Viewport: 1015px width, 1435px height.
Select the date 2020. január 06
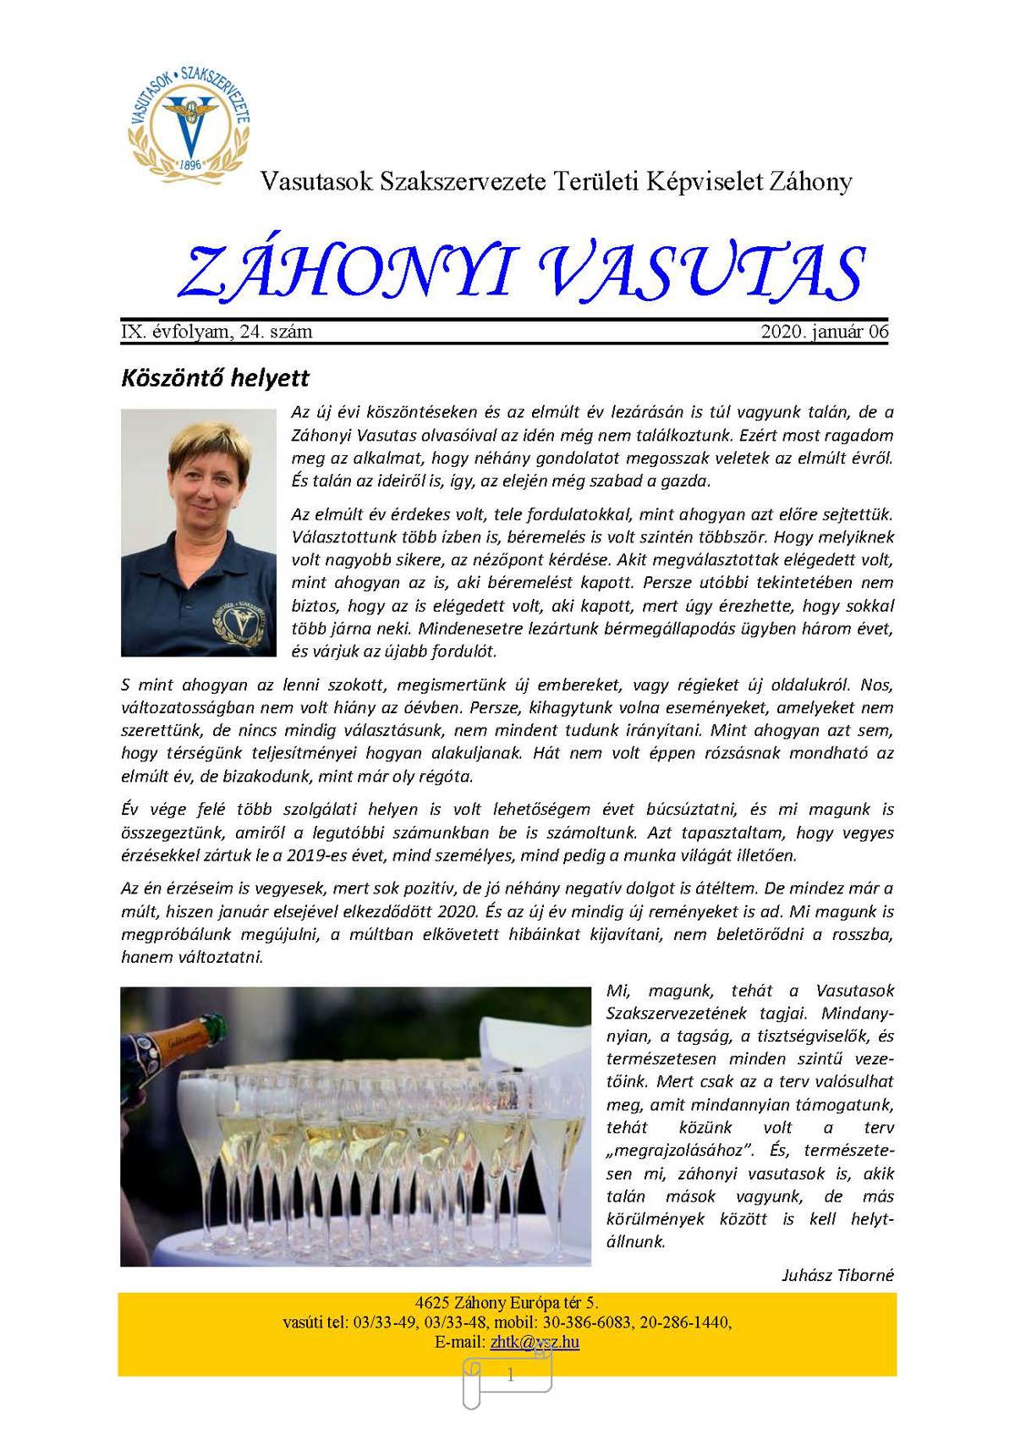(x=825, y=332)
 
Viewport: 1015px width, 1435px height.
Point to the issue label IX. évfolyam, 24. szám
(x=217, y=332)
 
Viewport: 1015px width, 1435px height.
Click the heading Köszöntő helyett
(x=216, y=377)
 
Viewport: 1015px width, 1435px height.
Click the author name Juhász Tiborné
(x=837, y=1275)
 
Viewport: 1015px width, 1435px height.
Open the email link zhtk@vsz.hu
(x=535, y=1342)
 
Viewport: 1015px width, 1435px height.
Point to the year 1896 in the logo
(x=190, y=163)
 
